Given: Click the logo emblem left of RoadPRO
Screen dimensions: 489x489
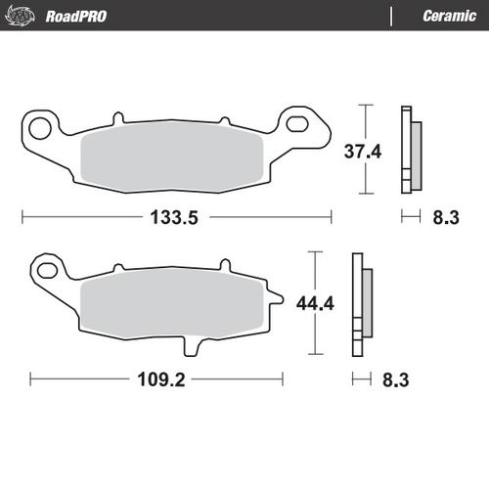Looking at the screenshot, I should coord(24,16).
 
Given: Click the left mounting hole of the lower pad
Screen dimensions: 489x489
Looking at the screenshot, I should coord(47,267).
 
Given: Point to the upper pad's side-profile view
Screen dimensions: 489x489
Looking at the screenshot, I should coord(409,149).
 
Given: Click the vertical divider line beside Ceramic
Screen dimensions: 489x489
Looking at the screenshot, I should coord(391,16).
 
